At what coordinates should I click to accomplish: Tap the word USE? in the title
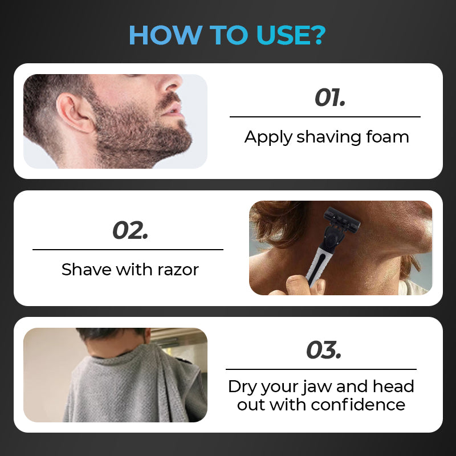coord(291,35)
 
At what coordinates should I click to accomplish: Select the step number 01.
coord(330,97)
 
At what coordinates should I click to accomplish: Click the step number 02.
coord(131,230)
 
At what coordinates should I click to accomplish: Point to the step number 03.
coord(324,350)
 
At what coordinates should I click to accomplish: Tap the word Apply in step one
coord(268,137)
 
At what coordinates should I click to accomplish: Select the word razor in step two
coord(178,270)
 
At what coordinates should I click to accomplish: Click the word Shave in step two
coord(87,269)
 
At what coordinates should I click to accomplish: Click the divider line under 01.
coord(325,117)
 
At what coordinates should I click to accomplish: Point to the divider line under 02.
coord(128,250)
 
